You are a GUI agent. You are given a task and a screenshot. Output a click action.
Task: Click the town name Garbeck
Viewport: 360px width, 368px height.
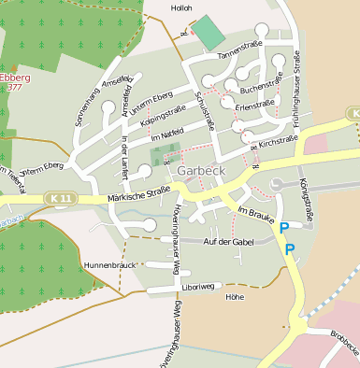[197, 174]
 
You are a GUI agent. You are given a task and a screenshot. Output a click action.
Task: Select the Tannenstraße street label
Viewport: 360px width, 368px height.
[238, 50]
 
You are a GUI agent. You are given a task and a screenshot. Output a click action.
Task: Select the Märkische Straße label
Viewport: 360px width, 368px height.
[138, 193]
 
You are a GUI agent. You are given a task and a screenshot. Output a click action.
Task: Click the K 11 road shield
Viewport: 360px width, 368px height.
[62, 198]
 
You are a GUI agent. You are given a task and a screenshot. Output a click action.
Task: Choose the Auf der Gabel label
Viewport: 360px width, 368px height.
[229, 242]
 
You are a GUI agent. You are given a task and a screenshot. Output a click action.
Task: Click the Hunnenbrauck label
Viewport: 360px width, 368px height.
[110, 265]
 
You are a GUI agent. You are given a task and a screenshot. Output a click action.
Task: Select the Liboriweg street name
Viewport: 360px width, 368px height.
[199, 286]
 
